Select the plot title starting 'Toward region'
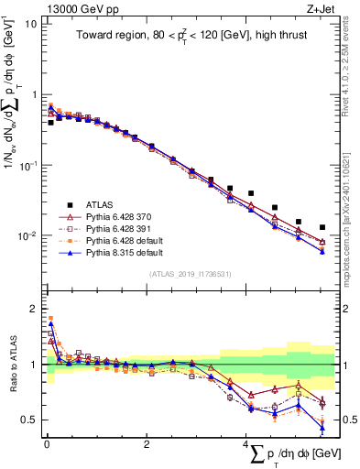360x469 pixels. (189, 37)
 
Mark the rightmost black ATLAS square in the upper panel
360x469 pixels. (322, 227)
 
